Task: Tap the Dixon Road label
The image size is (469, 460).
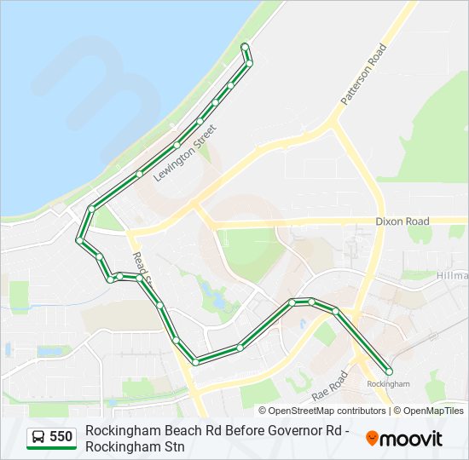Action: pyautogui.click(x=402, y=221)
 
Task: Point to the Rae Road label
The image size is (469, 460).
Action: pyautogui.click(x=330, y=386)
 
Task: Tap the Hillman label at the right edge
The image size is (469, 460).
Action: pyautogui.click(x=452, y=276)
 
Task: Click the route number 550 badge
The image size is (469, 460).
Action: pyautogui.click(x=61, y=438)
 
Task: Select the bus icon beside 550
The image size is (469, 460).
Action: pyautogui.click(x=38, y=438)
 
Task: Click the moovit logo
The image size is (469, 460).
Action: pyautogui.click(x=404, y=439)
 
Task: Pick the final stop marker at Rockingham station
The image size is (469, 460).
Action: pyautogui.click(x=390, y=371)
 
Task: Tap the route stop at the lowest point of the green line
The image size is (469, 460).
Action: pyautogui.click(x=195, y=362)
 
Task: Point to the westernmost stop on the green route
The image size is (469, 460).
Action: pyautogui.click(x=79, y=241)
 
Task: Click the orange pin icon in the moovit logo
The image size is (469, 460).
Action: pyautogui.click(x=372, y=439)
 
